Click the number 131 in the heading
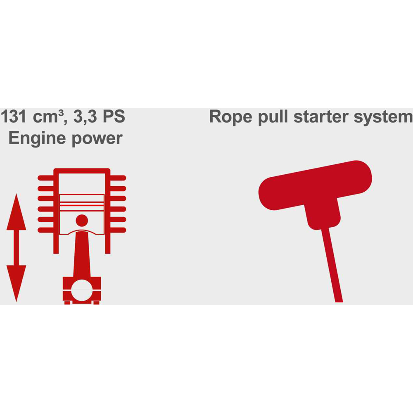point(14,116)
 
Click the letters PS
point(114,116)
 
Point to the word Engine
point(37,138)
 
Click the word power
point(97,139)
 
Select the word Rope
point(231,117)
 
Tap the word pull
point(273,117)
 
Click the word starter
point(321,117)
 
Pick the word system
point(383,117)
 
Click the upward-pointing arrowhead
point(17,212)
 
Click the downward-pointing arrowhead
point(17,283)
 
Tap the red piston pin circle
point(82,221)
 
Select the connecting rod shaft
point(82,254)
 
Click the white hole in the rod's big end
point(82,290)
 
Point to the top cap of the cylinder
point(82,171)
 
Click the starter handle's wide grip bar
point(315,185)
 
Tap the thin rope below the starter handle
point(332,265)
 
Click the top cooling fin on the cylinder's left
point(46,178)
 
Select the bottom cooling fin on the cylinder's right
point(118,230)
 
